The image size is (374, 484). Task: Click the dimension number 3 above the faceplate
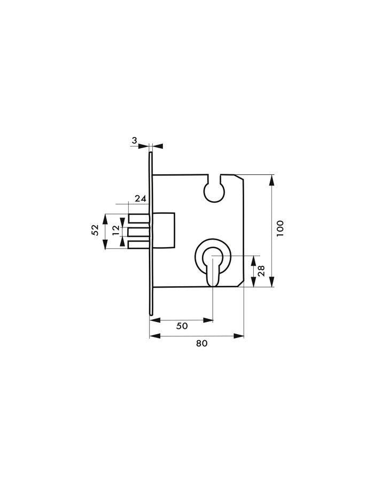click(135, 140)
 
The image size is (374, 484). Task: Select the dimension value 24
click(141, 198)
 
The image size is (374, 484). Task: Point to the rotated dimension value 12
click(116, 231)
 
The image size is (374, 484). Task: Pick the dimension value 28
click(261, 271)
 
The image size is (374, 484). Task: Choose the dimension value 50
click(182, 326)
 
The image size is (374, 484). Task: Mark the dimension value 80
click(201, 343)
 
